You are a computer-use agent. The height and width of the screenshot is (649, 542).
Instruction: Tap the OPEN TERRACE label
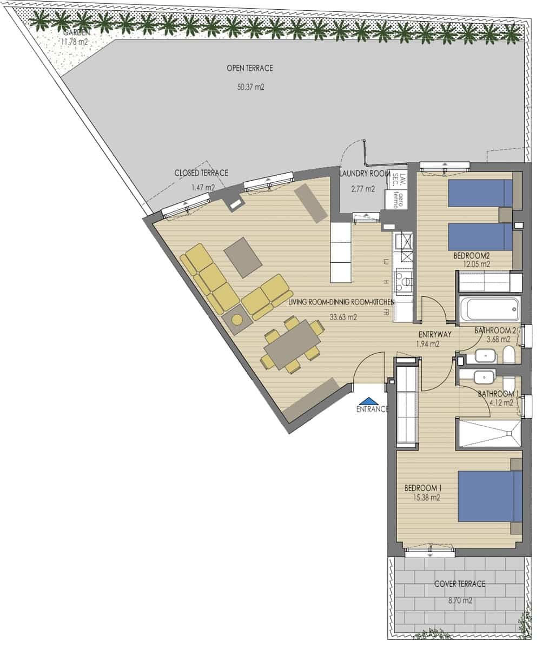250,69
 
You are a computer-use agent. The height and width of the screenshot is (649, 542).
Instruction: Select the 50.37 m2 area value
250,87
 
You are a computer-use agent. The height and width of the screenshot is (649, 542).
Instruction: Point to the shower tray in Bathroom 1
489,433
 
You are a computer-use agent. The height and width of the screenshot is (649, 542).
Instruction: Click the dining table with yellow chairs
293,345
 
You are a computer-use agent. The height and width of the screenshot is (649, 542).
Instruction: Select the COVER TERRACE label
459,584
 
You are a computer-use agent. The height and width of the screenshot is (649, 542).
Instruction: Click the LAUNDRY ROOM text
365,174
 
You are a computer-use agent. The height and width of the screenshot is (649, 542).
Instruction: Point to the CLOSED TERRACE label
201,173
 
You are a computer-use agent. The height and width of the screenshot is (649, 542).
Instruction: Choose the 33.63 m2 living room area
343,317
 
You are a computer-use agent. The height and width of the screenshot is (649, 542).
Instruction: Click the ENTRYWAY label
435,335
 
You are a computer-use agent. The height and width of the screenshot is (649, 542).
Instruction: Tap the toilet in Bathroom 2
509,355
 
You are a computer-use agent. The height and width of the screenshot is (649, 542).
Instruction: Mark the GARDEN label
75,32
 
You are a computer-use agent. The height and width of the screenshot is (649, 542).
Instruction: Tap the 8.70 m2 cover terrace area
460,600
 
